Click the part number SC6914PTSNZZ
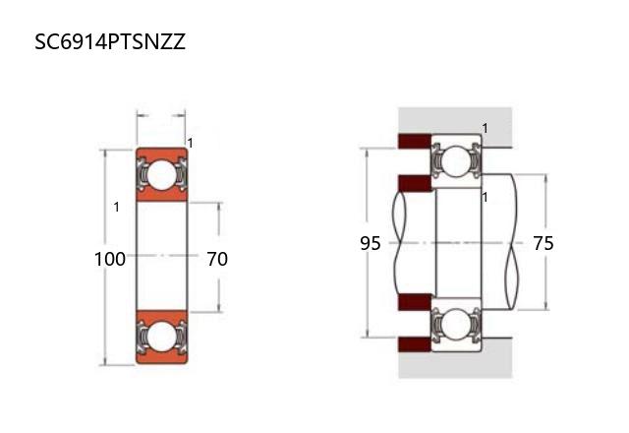(x=110, y=41)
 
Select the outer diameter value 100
(x=109, y=259)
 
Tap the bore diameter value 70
(x=217, y=259)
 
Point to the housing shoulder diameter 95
(x=370, y=243)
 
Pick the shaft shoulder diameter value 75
(x=543, y=243)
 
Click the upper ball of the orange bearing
(x=161, y=175)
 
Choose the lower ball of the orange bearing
(x=161, y=337)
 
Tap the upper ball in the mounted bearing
(x=457, y=161)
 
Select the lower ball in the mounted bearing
(x=457, y=324)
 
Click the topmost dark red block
(x=415, y=141)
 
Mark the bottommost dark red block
(x=415, y=344)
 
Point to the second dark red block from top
(x=415, y=183)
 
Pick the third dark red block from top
(x=415, y=302)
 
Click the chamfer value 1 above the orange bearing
(x=190, y=143)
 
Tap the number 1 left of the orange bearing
(x=116, y=207)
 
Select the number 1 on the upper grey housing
(x=485, y=128)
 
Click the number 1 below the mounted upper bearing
(x=485, y=197)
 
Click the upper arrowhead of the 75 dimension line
(x=545, y=177)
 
